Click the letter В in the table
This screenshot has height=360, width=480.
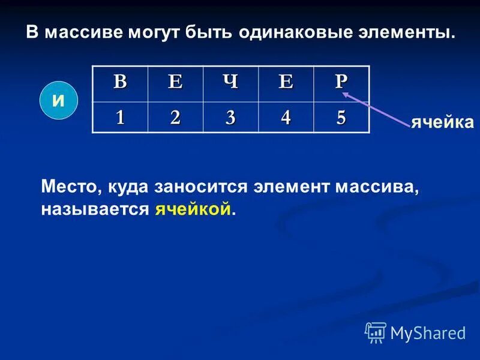pos(121,82)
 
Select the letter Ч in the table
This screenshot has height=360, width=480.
pos(230,82)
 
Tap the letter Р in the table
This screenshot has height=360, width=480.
pos(341,82)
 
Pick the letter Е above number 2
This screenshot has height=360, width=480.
pos(175,82)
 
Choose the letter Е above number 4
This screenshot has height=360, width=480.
pos(286,82)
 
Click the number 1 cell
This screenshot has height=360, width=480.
pos(121,117)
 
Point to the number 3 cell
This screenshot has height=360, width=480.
pos(230,117)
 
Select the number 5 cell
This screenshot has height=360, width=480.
pos(341,117)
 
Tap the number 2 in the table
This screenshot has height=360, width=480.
pos(175,117)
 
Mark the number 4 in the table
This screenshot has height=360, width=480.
pos(286,117)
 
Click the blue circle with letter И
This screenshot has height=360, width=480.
pos(59,100)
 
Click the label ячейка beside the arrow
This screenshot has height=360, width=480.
pos(442,123)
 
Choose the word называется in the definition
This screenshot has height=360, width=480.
pos(95,209)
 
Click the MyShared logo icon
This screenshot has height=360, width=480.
pos(376,332)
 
